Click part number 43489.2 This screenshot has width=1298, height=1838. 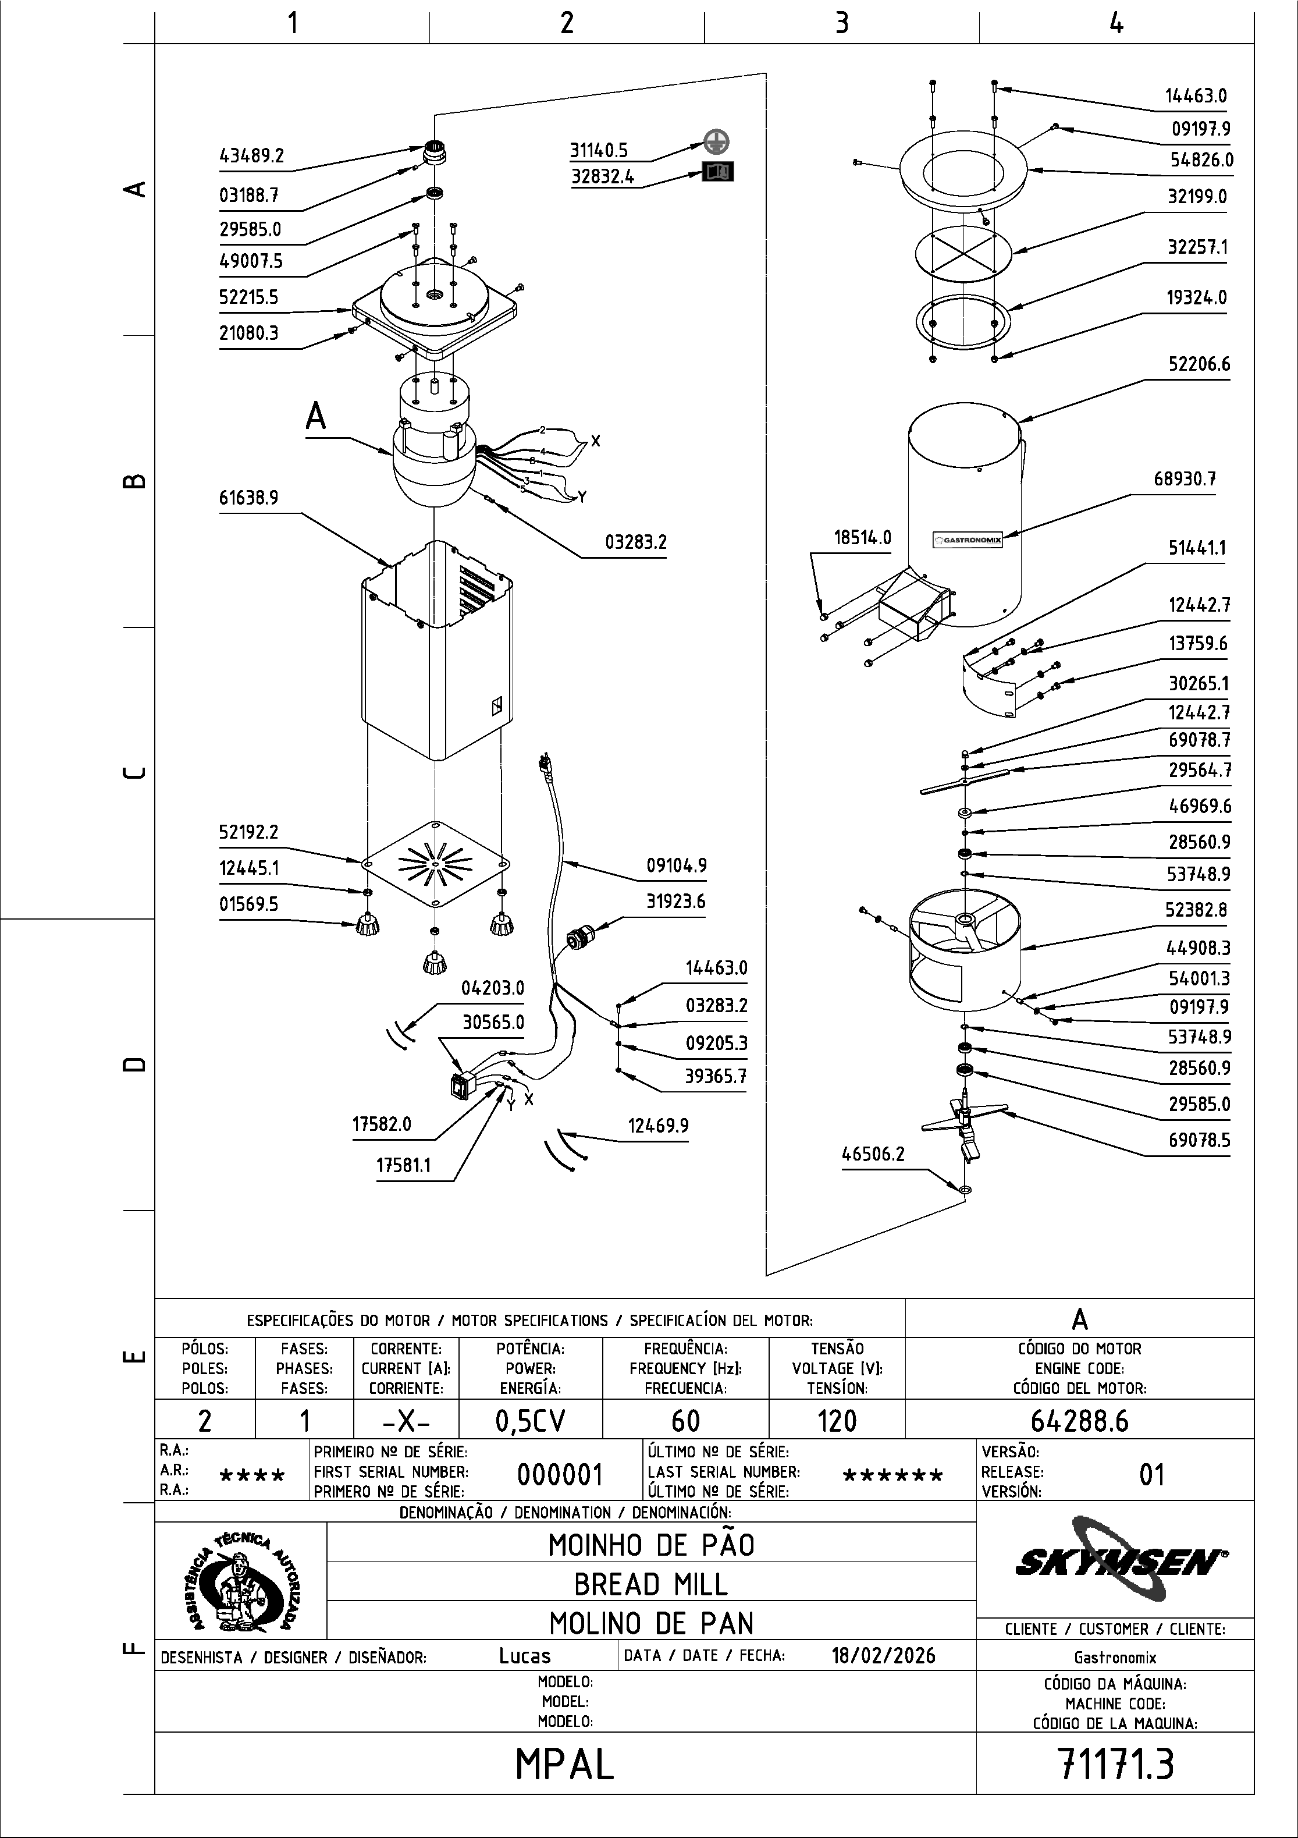pyautogui.click(x=251, y=156)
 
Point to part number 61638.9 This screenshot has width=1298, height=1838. pyautogui.click(x=249, y=499)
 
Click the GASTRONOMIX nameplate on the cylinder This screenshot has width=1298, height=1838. pyautogui.click(x=968, y=540)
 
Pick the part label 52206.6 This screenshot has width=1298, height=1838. pyautogui.click(x=1198, y=365)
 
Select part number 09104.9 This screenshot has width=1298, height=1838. pyautogui.click(x=676, y=866)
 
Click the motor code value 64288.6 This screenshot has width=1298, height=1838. pyautogui.click(x=1079, y=1420)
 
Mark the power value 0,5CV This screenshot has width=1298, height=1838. pyautogui.click(x=530, y=1421)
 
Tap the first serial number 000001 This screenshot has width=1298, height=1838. pyautogui.click(x=559, y=1474)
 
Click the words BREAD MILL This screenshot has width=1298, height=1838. pyautogui.click(x=650, y=1584)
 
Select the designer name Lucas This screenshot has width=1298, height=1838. pyautogui.click(x=525, y=1655)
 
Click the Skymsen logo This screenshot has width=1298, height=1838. pyautogui.click(x=1121, y=1560)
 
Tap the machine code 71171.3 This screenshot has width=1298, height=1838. pyautogui.click(x=1115, y=1764)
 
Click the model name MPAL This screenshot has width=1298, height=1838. pyautogui.click(x=565, y=1764)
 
